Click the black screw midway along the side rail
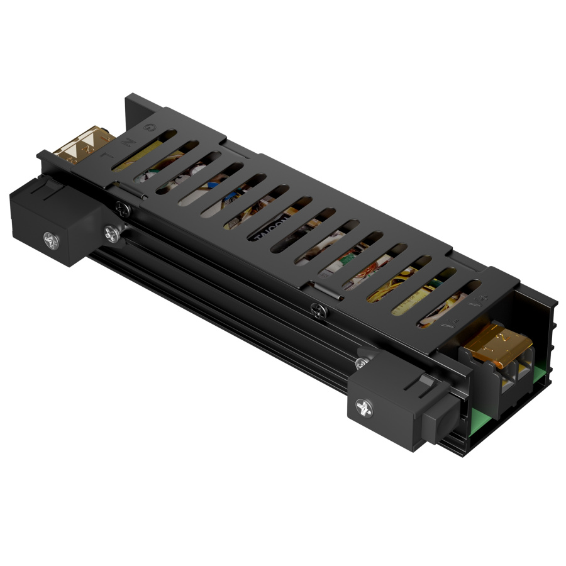[319, 309]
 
